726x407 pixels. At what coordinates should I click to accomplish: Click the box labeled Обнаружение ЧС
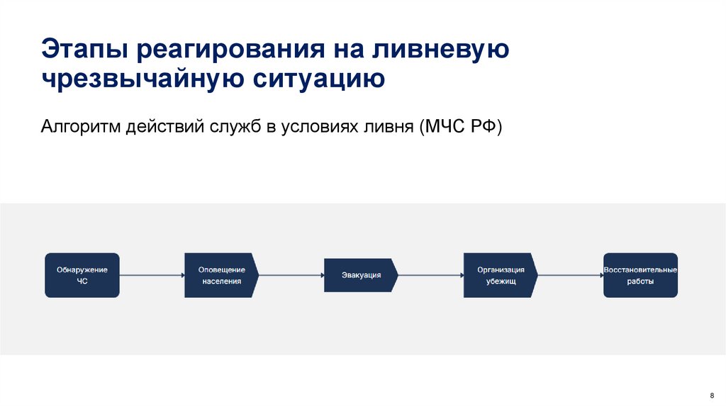coord(82,275)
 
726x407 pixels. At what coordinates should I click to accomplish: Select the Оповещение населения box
coord(220,275)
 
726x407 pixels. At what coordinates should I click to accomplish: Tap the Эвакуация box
coord(360,275)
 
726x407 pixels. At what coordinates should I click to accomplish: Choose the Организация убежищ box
coord(500,275)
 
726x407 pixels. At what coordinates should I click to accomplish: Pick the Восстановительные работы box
coord(640,275)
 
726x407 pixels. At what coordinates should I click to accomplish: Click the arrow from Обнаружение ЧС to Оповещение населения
coord(152,275)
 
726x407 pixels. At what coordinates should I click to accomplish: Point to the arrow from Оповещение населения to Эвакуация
coord(291,275)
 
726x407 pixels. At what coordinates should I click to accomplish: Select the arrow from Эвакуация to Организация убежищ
coord(430,275)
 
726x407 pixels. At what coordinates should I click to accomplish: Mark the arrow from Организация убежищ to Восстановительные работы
coord(570,275)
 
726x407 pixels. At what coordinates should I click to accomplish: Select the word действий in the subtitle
coord(165,127)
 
